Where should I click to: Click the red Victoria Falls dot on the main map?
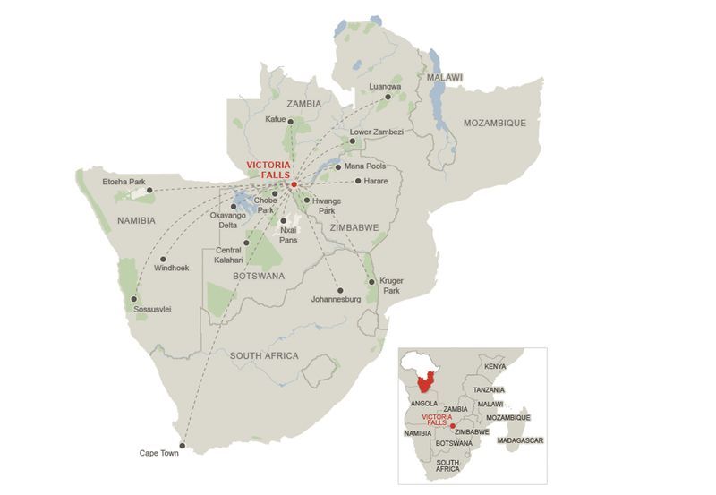point(294,183)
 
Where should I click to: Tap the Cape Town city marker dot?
point(182,445)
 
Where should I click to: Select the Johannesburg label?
point(335,299)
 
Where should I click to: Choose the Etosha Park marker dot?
point(150,190)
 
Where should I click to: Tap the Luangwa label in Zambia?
point(385,87)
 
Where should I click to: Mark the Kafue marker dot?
point(291,121)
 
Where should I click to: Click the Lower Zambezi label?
point(377,132)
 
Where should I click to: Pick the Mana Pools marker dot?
point(337,166)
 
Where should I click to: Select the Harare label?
point(376,182)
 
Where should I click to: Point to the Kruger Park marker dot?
point(371,282)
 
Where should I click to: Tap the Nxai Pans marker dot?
point(283,220)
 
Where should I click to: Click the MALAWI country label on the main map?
point(445,78)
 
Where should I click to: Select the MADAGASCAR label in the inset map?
point(520,440)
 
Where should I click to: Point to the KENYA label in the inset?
point(495,367)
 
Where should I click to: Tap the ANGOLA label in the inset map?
point(423,404)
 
